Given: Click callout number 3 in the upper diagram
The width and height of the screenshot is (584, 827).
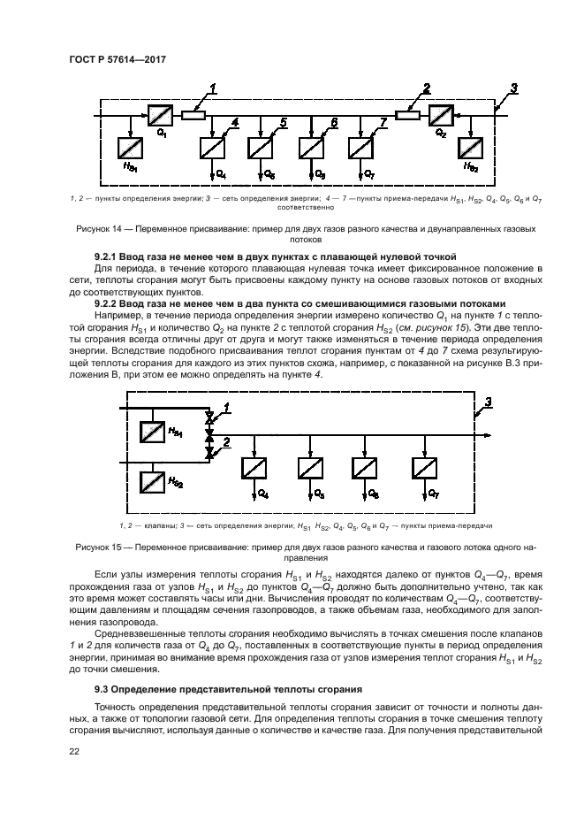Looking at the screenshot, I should [x=513, y=88].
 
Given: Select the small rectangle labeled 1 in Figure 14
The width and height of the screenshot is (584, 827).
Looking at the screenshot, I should [x=193, y=114].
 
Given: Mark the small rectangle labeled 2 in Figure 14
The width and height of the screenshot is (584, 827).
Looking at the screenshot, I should [x=407, y=114].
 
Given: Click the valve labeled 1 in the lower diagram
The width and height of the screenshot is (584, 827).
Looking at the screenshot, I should [x=209, y=417].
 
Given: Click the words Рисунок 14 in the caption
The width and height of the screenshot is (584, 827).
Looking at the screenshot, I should [x=94, y=229].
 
